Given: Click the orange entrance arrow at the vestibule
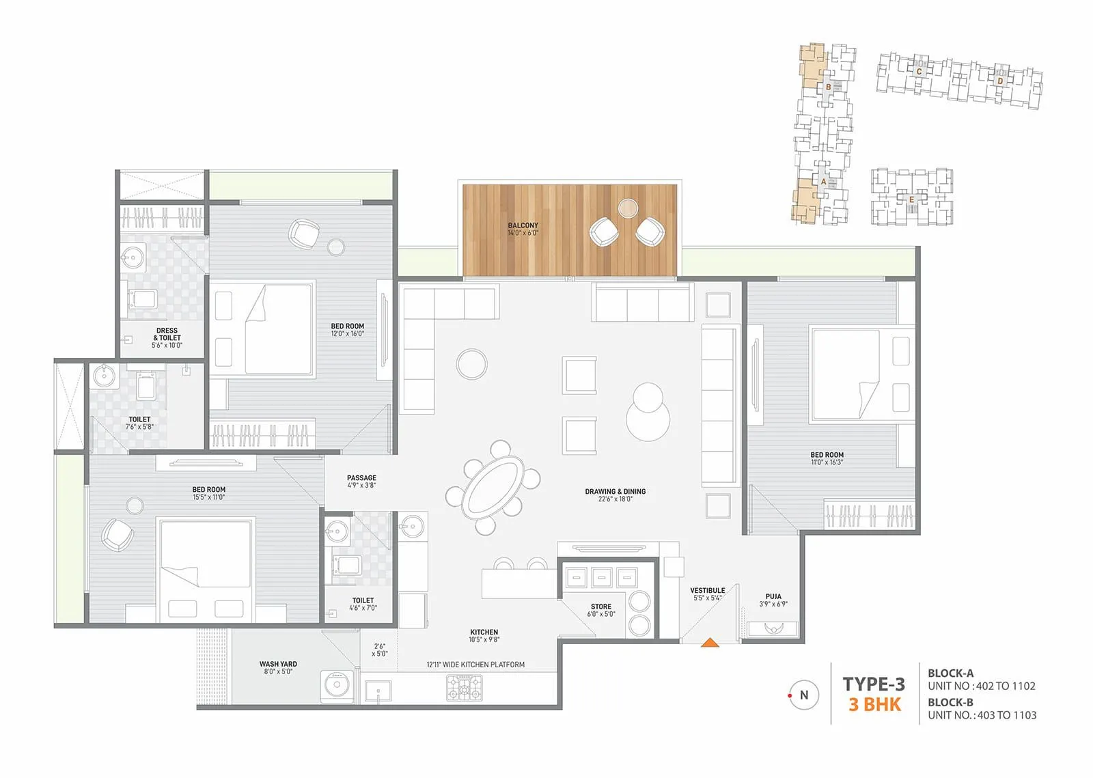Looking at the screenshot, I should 710,641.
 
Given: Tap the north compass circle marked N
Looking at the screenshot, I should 803,695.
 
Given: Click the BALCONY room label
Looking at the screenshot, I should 523,225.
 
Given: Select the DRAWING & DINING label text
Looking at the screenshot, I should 615,491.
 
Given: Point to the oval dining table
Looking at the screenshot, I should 492,486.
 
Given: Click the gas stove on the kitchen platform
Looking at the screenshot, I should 465,687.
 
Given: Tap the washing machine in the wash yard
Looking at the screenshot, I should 337,685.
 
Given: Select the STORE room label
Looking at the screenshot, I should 601,607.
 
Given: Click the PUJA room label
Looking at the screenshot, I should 773,596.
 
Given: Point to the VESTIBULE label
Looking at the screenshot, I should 707,590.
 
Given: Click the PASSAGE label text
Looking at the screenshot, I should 361,478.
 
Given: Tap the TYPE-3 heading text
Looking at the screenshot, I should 873,684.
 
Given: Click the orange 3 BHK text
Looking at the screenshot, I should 874,705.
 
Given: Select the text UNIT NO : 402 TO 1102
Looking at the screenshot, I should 981,686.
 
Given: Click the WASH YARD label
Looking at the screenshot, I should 278,664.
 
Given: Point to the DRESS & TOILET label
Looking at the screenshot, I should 167,334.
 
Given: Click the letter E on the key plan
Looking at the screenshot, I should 911,199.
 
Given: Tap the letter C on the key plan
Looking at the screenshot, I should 919,71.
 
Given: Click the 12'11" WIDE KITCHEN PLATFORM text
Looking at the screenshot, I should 475,665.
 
